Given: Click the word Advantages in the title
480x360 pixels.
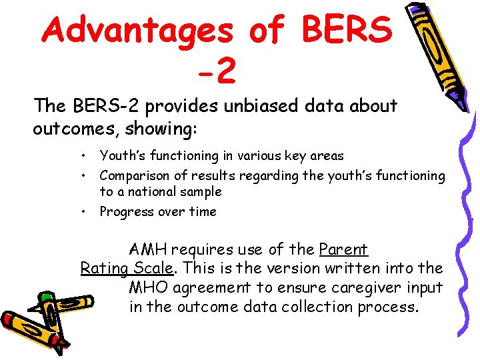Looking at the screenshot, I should click(x=140, y=30).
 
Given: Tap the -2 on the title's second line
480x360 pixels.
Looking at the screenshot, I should click(x=217, y=71).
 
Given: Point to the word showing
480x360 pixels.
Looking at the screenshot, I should click(x=158, y=128).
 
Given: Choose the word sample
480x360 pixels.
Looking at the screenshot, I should click(x=200, y=192).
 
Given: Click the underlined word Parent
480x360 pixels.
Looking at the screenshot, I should click(x=343, y=249).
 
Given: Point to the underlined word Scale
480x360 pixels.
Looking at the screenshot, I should click(x=153, y=269).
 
